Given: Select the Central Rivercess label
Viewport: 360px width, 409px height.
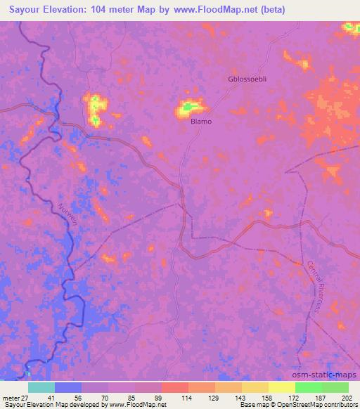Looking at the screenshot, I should (318, 288).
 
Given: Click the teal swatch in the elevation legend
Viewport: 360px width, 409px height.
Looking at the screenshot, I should (41, 387).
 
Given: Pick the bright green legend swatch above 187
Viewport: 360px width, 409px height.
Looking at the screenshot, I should (308, 387).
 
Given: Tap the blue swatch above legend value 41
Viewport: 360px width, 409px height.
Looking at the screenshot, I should (68, 387).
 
